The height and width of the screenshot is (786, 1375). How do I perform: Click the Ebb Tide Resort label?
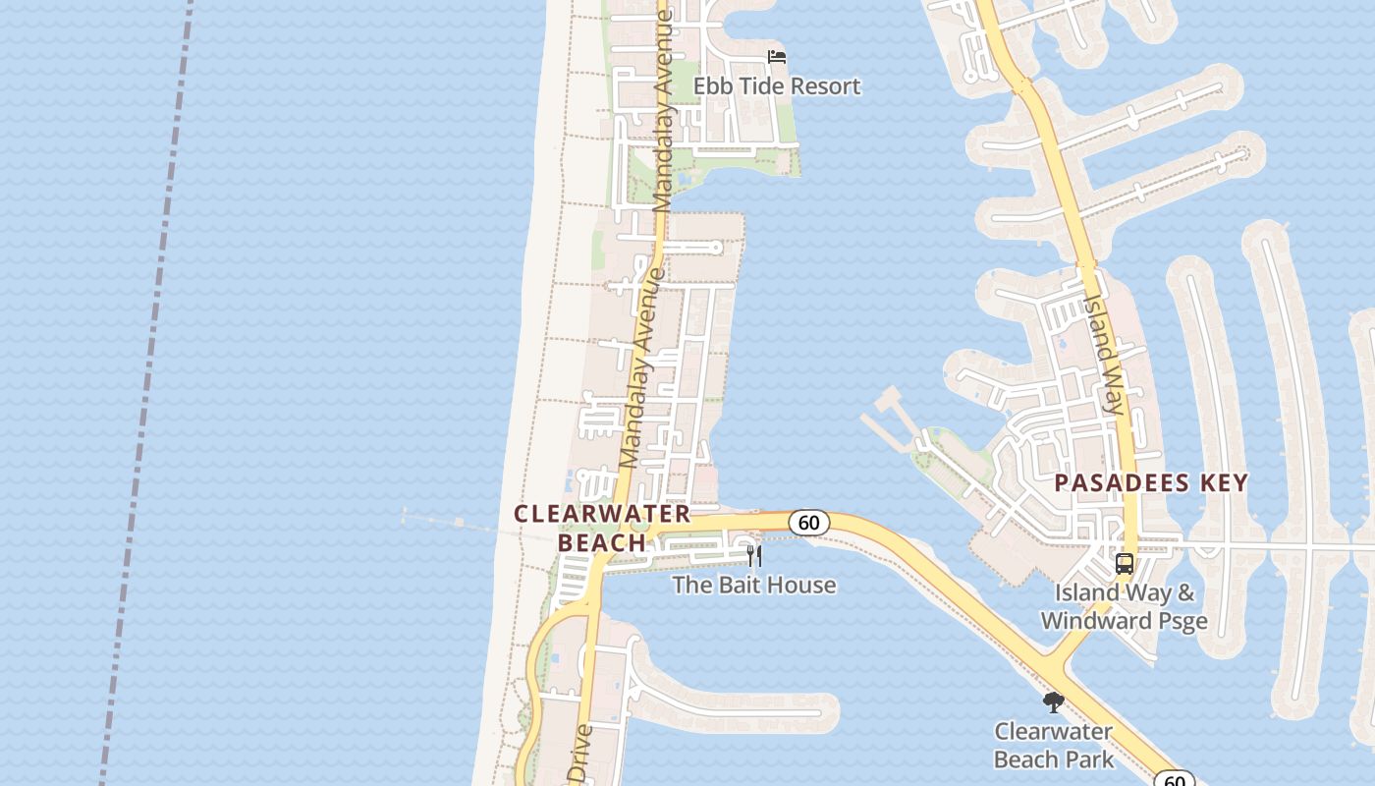point(777,86)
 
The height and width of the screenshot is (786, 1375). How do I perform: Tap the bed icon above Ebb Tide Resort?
point(777,57)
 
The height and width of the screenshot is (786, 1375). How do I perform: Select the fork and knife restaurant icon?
point(754,556)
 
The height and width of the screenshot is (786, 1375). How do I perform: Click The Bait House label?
point(754,585)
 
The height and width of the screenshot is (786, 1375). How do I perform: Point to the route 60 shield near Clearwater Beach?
point(808,523)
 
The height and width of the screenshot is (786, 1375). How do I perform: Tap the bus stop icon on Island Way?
point(1125,565)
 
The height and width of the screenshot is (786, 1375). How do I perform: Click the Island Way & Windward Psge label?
point(1125,606)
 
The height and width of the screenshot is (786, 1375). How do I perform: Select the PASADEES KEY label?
point(1151,482)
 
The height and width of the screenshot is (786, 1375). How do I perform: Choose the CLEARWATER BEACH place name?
point(602,528)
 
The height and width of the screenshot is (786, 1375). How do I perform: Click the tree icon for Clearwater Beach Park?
point(1054,702)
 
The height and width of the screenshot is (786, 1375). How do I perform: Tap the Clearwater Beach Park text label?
point(1054,745)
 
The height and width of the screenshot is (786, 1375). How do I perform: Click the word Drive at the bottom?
point(580,755)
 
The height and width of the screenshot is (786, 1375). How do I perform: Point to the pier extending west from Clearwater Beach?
point(452,522)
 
